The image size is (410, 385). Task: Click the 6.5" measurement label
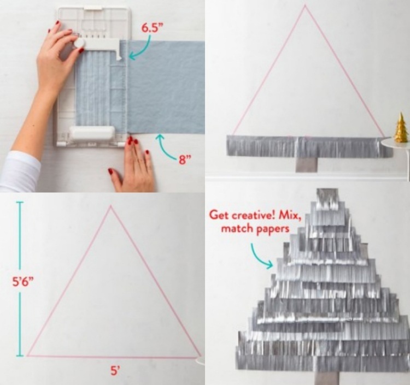pos(150,28)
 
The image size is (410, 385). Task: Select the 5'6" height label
pos(24,282)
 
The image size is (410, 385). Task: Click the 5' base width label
pos(115,370)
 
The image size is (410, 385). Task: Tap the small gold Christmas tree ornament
pos(400,127)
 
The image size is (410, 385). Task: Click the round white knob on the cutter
pos(79,43)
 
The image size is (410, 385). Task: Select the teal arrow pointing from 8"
pos(165,149)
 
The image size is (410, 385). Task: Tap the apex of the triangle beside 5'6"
pos(110,206)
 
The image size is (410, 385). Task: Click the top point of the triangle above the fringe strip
pos(305,5)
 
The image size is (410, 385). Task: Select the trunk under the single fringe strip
pos(307,164)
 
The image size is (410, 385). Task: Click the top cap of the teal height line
pos(20,202)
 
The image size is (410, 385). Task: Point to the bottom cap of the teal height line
pos(20,356)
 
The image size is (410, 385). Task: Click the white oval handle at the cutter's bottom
pos(92,133)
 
